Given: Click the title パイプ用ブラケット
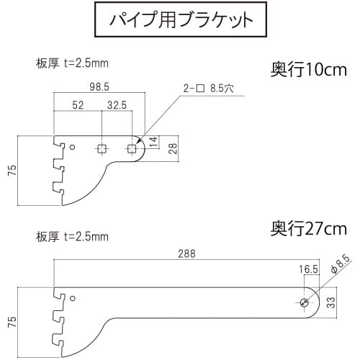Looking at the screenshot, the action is (x=181, y=19).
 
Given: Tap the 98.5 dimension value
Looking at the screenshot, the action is (x=99, y=87).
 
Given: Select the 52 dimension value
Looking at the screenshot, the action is (x=78, y=105).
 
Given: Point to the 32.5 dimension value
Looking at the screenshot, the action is (x=117, y=105).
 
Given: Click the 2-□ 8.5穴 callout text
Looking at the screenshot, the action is (x=208, y=89).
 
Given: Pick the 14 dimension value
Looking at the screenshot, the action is (x=153, y=142).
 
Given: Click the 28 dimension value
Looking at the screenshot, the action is (x=173, y=148).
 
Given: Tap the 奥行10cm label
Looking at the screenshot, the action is (x=309, y=70).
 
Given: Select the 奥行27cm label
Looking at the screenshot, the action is (x=309, y=228).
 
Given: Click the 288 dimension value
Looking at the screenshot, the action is (x=186, y=253).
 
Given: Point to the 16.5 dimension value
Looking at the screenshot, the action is (x=308, y=269).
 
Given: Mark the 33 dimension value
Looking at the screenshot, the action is (x=331, y=302).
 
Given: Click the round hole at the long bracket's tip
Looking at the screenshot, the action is (x=305, y=302).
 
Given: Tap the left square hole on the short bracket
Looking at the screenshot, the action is (x=102, y=149).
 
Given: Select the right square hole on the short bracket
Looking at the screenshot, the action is (x=132, y=149).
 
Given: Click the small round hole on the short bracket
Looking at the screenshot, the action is (x=73, y=147).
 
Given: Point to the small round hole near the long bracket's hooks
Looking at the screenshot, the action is (x=73, y=298).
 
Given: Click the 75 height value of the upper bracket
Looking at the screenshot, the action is (x=12, y=171).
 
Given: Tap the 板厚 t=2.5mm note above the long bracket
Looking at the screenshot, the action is (x=72, y=237).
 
